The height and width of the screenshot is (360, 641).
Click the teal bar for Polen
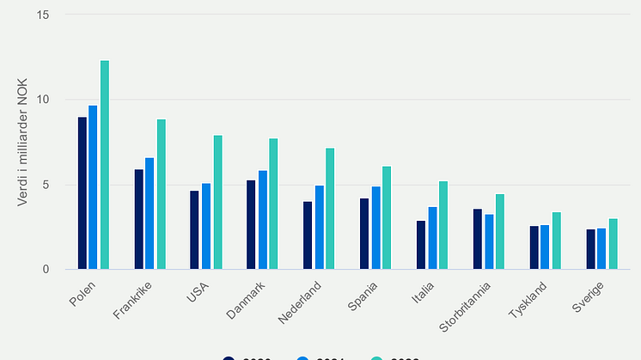[105, 165]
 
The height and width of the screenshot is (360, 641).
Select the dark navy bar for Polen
[82, 193]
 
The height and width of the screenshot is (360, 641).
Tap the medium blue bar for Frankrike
[150, 214]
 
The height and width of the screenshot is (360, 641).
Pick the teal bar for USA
[217, 203]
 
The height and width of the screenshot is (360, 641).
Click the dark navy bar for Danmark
[251, 225]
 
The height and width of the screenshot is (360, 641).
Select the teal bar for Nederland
[330, 209]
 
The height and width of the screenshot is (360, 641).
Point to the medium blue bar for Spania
[375, 228]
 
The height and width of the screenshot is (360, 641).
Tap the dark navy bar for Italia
[421, 245]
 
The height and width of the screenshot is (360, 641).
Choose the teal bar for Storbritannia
[499, 232]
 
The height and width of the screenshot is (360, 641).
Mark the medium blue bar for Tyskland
[544, 247]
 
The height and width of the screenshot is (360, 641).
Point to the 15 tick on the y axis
[44, 15]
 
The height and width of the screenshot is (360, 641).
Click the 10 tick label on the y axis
[44, 100]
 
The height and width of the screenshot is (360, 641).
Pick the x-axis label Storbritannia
[466, 306]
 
